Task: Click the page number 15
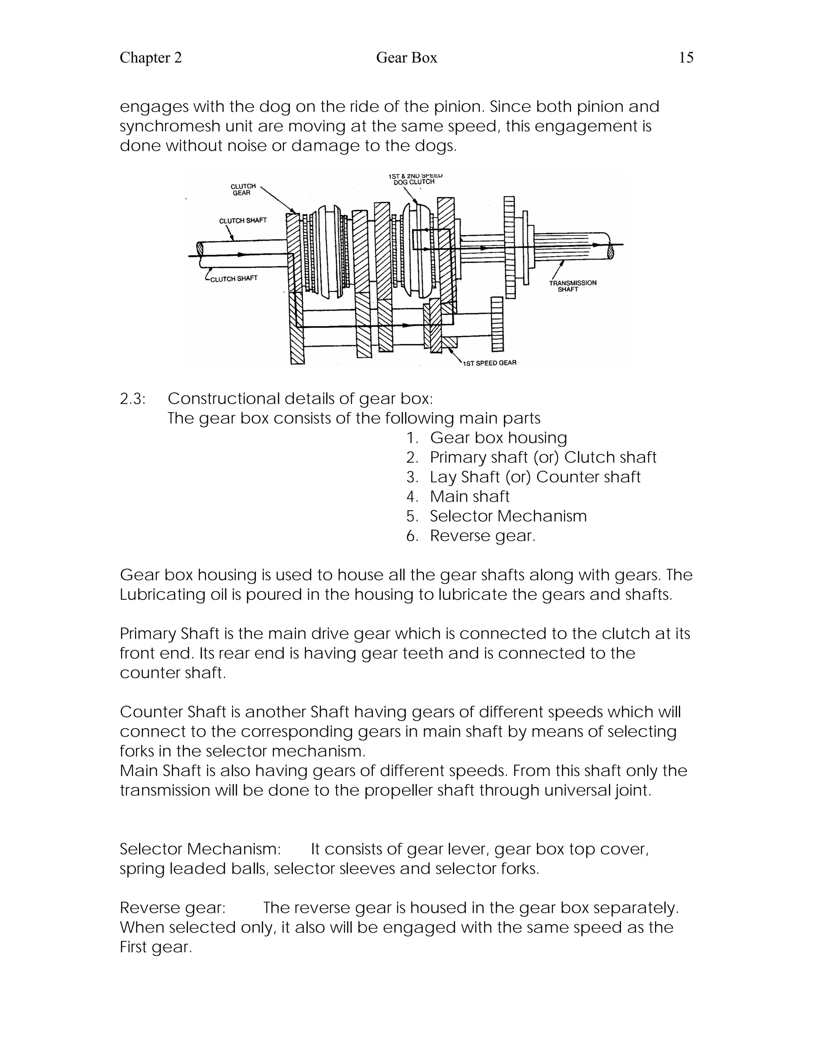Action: pyautogui.click(x=686, y=58)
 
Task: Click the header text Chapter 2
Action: pyautogui.click(x=151, y=58)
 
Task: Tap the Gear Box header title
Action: pyautogui.click(x=406, y=58)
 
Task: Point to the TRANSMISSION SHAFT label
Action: pyautogui.click(x=572, y=286)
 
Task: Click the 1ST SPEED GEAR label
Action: pyautogui.click(x=489, y=363)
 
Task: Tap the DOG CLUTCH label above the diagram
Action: pyautogui.click(x=414, y=182)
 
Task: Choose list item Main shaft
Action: pyautogui.click(x=469, y=497)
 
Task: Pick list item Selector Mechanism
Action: pyautogui.click(x=508, y=516)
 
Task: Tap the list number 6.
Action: pyautogui.click(x=412, y=536)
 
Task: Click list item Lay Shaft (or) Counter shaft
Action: pyautogui.click(x=535, y=477)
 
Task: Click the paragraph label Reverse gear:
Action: pyautogui.click(x=172, y=908)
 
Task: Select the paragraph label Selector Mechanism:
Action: pyautogui.click(x=200, y=849)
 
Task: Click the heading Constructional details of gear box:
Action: pyautogui.click(x=300, y=399)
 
